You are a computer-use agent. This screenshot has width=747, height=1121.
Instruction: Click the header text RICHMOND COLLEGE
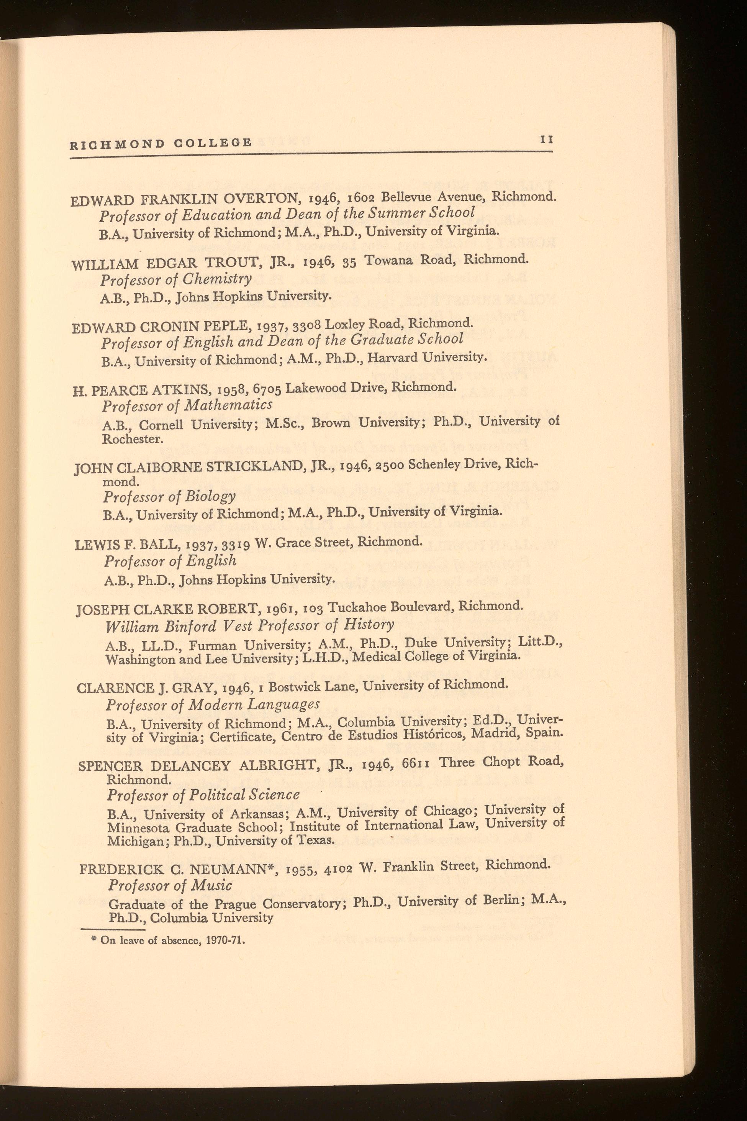click(161, 143)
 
